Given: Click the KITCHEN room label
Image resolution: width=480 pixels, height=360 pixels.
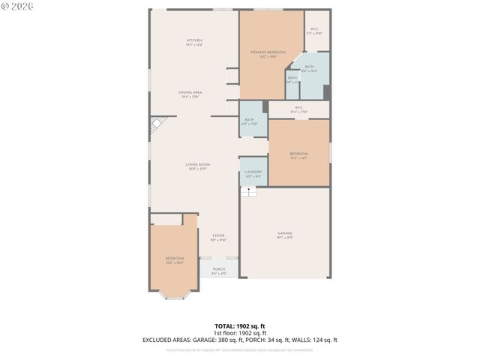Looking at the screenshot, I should (x=195, y=42).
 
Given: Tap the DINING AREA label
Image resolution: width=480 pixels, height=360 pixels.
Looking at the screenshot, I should (x=191, y=94).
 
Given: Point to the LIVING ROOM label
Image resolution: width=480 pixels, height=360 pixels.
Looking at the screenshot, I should (x=198, y=166).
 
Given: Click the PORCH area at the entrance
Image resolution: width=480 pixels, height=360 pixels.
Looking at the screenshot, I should (x=218, y=271).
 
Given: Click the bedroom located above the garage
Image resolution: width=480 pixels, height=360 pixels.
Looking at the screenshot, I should (x=298, y=155).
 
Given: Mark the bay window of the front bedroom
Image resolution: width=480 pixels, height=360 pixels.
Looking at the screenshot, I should (x=174, y=295).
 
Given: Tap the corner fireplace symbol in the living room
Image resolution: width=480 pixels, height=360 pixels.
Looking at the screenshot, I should (x=157, y=124).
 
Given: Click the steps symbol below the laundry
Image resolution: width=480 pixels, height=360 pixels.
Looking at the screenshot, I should (x=249, y=192).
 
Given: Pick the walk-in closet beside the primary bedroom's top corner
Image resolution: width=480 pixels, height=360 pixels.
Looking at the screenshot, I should (x=316, y=31).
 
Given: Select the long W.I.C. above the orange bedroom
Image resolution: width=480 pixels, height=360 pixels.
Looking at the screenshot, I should (x=298, y=109).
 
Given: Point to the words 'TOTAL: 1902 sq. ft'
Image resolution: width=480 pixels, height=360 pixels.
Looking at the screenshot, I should (x=239, y=326).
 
